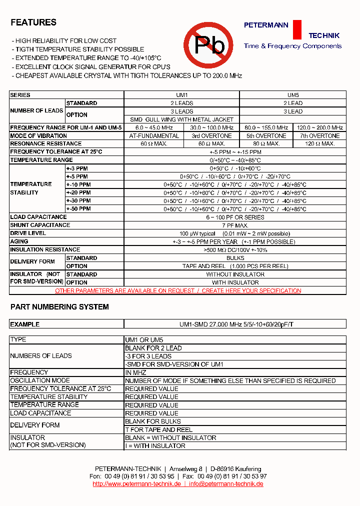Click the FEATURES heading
click(33, 22)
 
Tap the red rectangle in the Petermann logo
click(297, 29)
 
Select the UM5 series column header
click(293, 95)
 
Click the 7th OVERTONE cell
click(320, 135)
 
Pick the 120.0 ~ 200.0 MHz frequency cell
click(320, 127)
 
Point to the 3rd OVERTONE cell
click(212, 135)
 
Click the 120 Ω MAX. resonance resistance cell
click(320, 143)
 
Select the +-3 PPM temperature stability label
click(77, 168)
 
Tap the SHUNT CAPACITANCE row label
click(40, 225)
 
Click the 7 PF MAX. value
click(235, 225)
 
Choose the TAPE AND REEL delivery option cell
click(235, 266)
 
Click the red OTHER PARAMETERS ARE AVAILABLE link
click(178, 290)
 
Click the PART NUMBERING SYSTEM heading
click(59, 307)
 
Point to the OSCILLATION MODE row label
click(40, 380)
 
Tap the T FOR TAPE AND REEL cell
click(158, 429)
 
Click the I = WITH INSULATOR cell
click(155, 445)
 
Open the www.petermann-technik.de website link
click(136, 484)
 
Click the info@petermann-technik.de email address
click(226, 484)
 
